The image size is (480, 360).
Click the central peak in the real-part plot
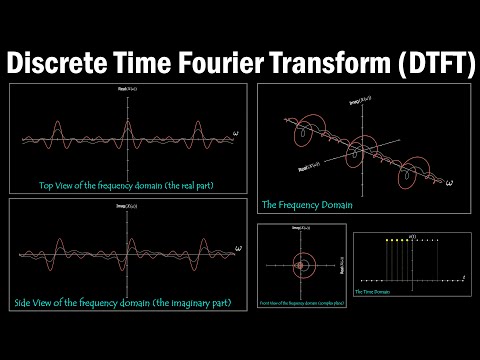(x=128, y=128)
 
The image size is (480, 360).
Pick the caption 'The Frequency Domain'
(x=301, y=206)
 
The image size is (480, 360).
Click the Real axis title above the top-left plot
(x=128, y=91)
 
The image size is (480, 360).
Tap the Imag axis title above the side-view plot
(x=128, y=206)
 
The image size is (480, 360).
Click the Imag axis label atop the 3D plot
(x=354, y=101)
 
